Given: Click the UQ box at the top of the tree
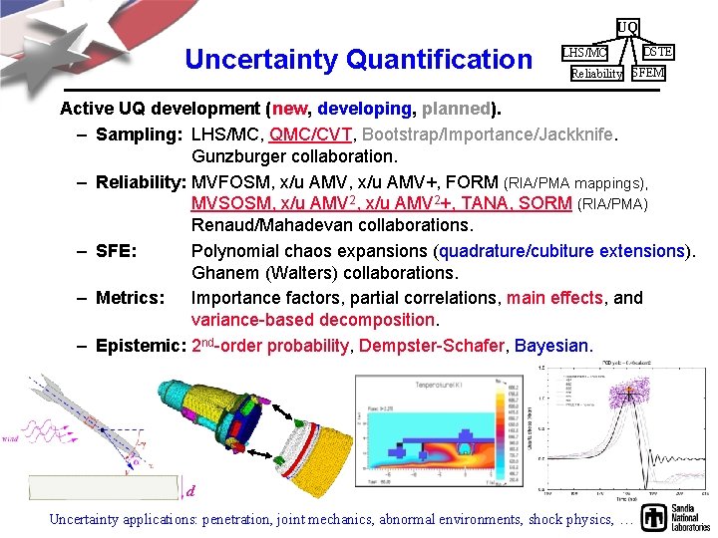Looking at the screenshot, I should (x=627, y=26).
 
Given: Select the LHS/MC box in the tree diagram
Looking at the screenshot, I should (x=583, y=52).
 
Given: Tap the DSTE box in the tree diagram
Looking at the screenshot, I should (x=657, y=51).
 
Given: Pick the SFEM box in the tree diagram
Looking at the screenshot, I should (x=648, y=73).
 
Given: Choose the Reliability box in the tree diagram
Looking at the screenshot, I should (x=596, y=74).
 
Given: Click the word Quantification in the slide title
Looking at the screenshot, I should (x=439, y=60).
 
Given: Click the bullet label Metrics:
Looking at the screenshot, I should (x=130, y=298).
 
